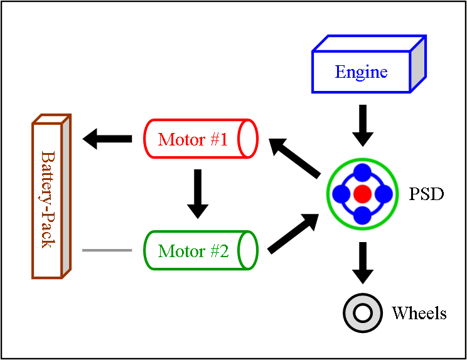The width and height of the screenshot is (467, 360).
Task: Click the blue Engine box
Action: [x=362, y=71]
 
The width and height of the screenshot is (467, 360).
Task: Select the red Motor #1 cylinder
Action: [x=200, y=139]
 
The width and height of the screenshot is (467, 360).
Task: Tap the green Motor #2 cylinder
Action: [x=200, y=251]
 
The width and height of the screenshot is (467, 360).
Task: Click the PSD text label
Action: [x=426, y=194]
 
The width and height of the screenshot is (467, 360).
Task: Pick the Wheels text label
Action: [x=419, y=313]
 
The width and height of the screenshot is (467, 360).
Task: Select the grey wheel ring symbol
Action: [x=363, y=312]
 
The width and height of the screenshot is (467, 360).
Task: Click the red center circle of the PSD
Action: [x=362, y=194]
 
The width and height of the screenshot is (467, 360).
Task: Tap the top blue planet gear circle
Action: [x=362, y=173]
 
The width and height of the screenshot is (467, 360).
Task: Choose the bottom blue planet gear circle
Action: [x=362, y=214]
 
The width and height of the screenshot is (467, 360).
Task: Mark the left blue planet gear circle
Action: [x=341, y=194]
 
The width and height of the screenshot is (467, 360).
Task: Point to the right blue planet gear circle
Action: [x=384, y=194]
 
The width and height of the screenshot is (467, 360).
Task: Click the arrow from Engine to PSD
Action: [x=362, y=125]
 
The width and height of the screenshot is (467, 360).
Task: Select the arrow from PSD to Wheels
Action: [x=362, y=262]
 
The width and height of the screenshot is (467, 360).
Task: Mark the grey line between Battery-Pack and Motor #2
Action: [x=107, y=251]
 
